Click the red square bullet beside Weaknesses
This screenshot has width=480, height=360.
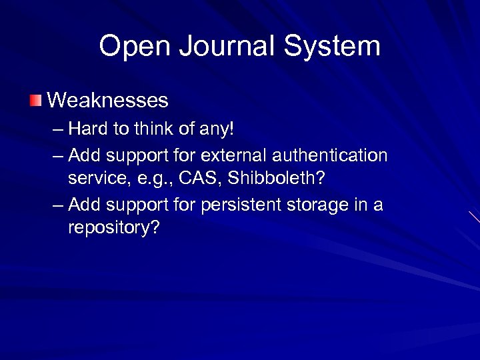pyautogui.click(x=35, y=101)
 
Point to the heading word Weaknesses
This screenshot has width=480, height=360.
pyautogui.click(x=108, y=101)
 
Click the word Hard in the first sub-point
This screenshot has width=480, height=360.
pyautogui.click(x=87, y=127)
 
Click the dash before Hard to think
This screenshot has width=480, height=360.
pyautogui.click(x=58, y=129)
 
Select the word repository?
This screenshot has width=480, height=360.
pyautogui.click(x=114, y=229)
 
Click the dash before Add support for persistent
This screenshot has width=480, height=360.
pyautogui.click(x=58, y=205)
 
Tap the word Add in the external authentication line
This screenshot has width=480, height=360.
pyautogui.click(x=83, y=155)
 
